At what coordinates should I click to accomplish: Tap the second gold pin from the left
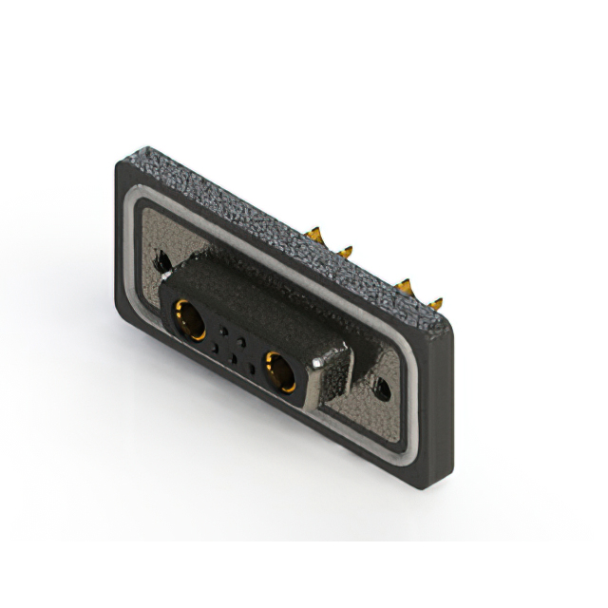tap(346, 250)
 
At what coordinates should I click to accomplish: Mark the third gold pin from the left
tap(406, 286)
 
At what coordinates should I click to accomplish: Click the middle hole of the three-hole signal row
tap(233, 355)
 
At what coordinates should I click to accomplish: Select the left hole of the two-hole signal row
tap(223, 330)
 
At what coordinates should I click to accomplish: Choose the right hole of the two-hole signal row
tap(241, 339)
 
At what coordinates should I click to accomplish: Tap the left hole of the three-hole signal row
tap(215, 348)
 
